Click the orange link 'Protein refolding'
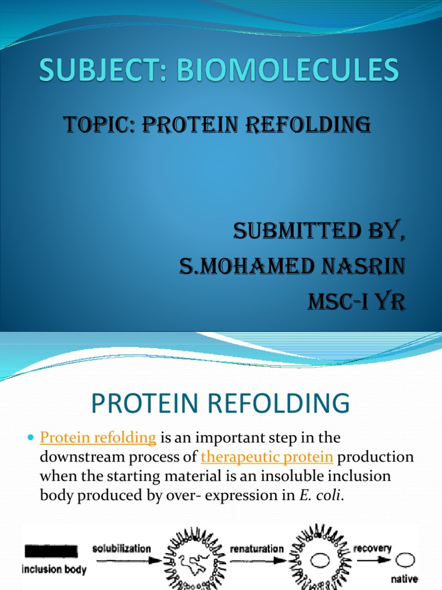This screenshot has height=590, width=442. click(x=98, y=438)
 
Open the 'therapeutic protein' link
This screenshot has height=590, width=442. click(x=267, y=457)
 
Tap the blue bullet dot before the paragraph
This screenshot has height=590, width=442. click(x=31, y=440)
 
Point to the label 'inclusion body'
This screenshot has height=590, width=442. click(x=54, y=570)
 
